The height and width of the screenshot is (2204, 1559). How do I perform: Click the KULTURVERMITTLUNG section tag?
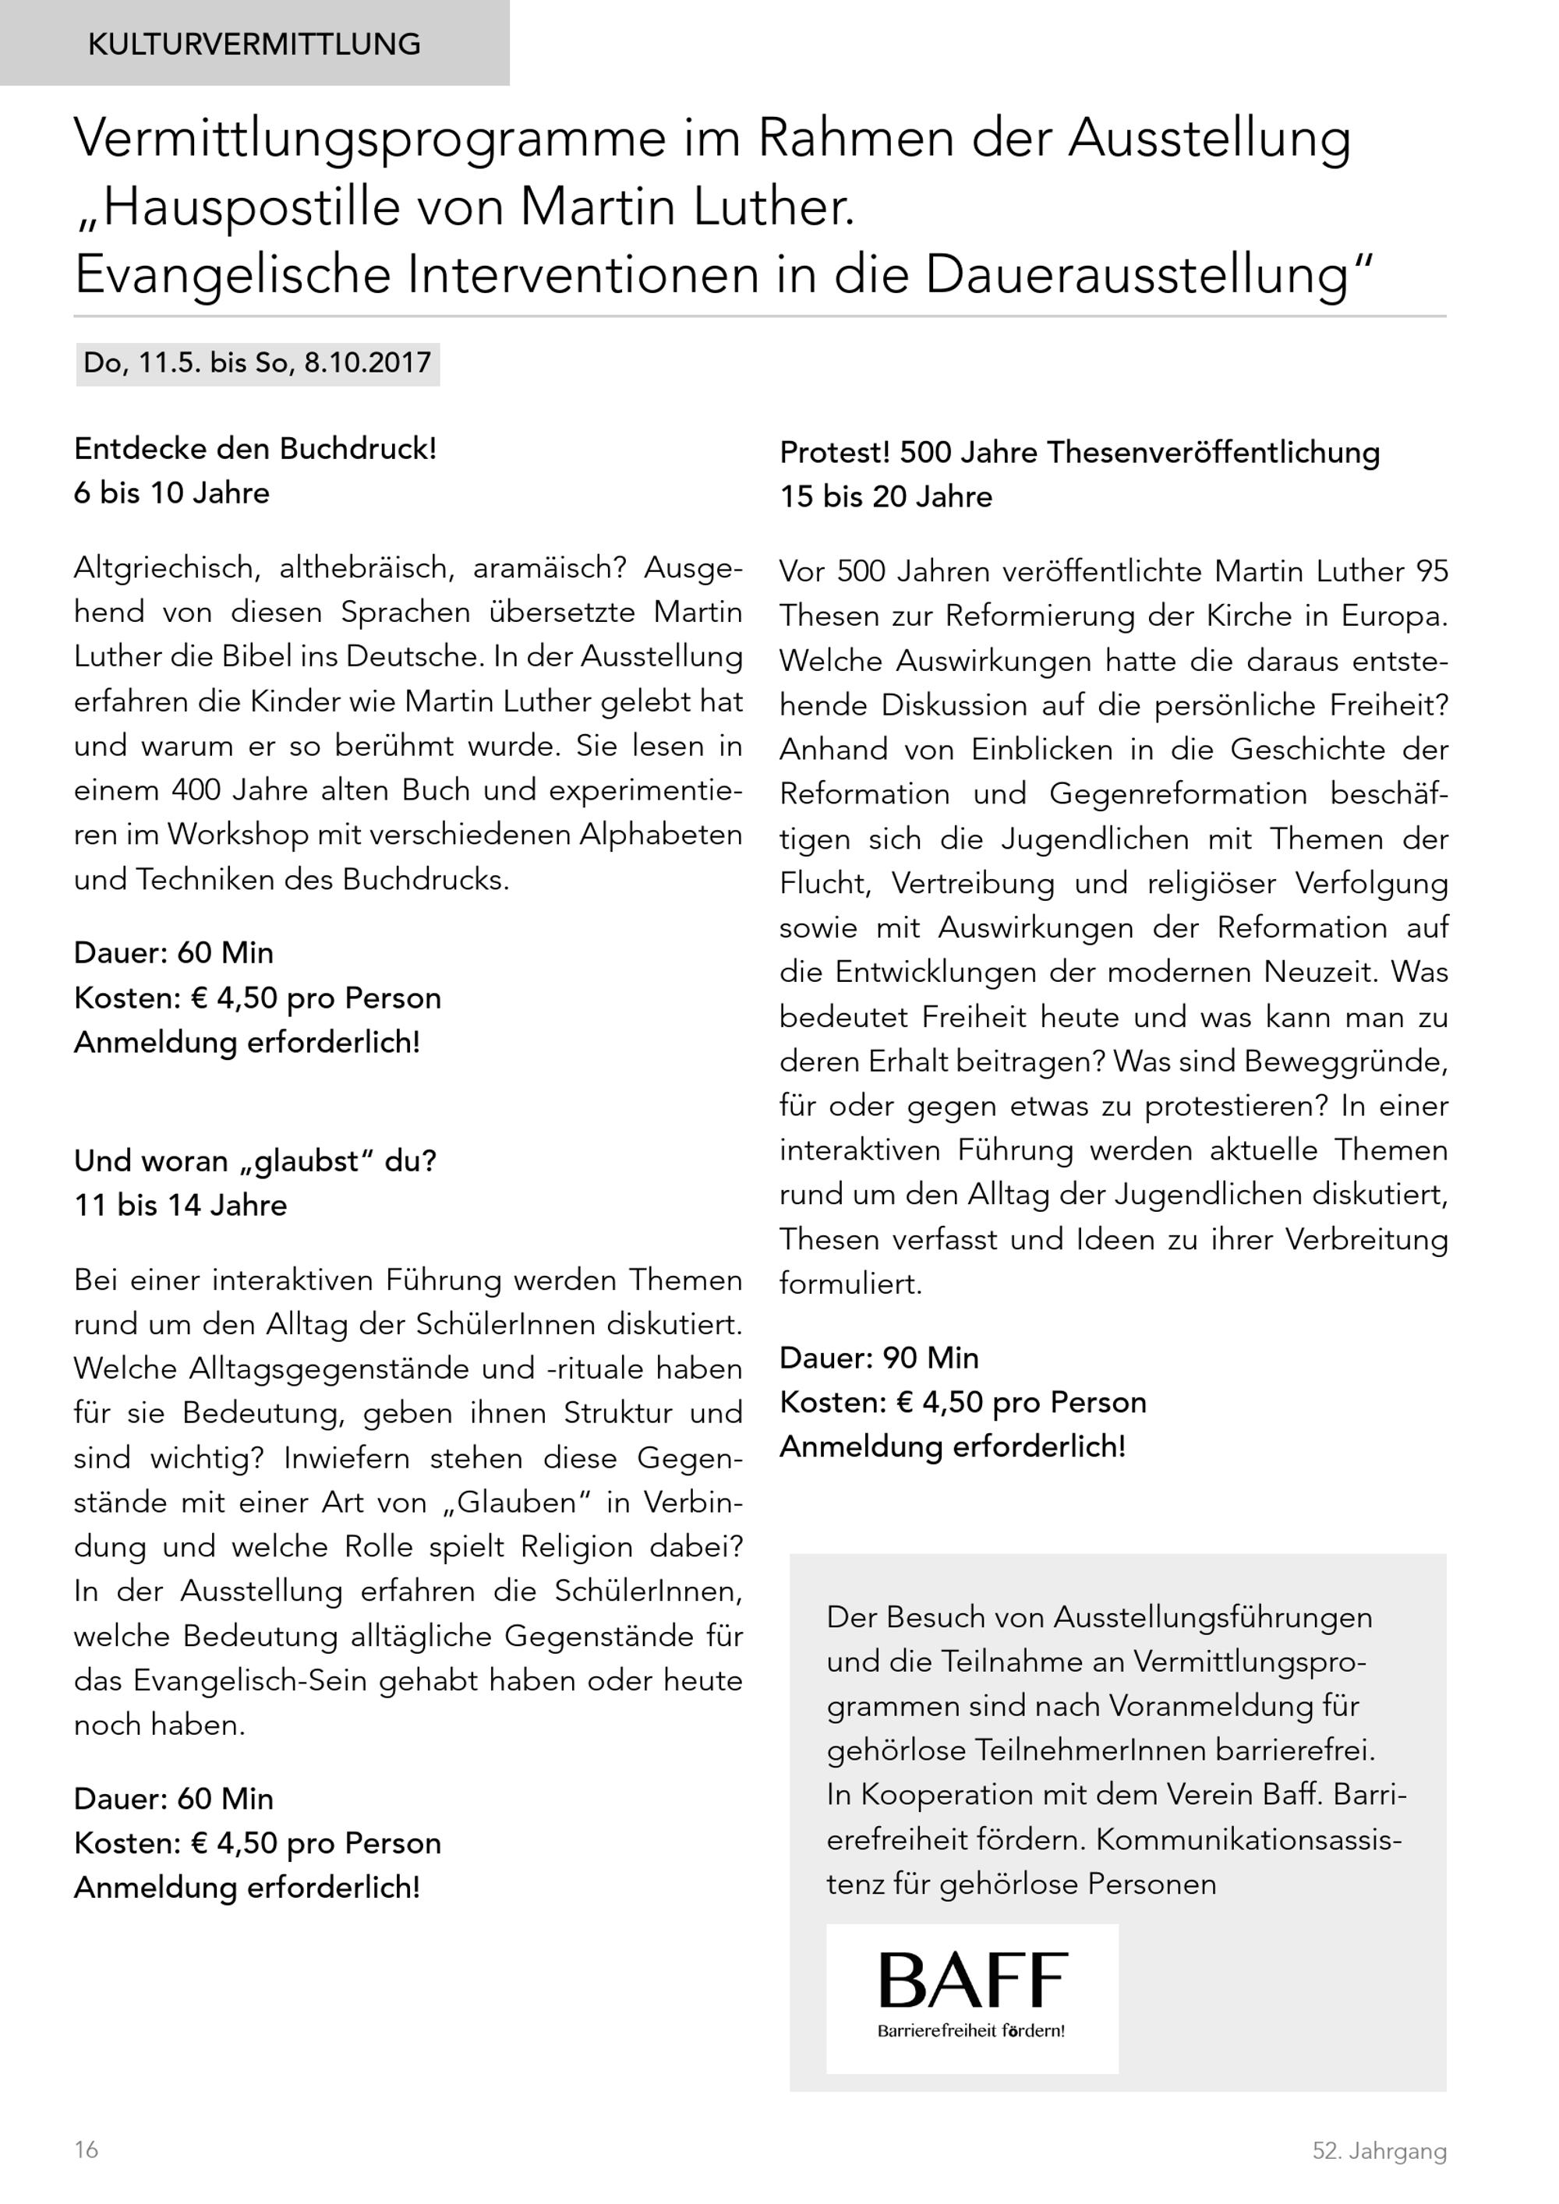coord(253,44)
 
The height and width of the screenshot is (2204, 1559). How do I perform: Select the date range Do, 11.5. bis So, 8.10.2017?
coord(257,364)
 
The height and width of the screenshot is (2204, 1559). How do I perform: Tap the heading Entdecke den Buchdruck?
coord(256,449)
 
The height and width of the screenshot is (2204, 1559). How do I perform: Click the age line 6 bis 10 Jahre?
coord(171,493)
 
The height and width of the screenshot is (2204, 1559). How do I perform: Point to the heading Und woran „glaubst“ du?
coord(256,1161)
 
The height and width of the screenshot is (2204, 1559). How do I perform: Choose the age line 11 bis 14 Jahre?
coord(181,1206)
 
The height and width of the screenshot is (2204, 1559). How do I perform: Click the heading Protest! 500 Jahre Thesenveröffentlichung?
coord(1079,453)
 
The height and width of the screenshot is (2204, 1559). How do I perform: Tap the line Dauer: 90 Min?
coord(878,1358)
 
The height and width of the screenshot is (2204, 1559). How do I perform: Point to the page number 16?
coord(87,2150)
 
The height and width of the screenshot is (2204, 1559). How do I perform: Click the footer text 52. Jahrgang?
coord(1378,2151)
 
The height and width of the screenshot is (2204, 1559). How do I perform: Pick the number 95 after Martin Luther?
coord(1431,572)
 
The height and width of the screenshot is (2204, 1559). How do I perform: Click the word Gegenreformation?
coord(1178,795)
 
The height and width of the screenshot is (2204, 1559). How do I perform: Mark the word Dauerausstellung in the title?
coord(1143,276)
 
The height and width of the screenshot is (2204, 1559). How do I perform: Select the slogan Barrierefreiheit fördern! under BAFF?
coord(970,2031)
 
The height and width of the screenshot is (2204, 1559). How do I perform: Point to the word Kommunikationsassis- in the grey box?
coord(1249,1840)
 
